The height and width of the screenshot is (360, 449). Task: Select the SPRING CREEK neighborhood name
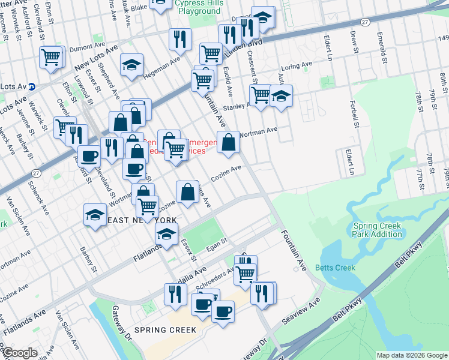click(165, 330)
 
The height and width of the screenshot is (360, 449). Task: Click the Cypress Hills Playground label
click(198, 7)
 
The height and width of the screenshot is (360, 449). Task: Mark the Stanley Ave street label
click(236, 107)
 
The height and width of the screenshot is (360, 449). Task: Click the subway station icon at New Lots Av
click(32, 86)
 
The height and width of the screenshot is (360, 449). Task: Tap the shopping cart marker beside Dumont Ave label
click(51, 58)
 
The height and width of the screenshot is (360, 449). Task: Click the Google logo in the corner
click(20, 353)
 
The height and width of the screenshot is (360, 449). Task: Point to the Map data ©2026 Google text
click(412, 355)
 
